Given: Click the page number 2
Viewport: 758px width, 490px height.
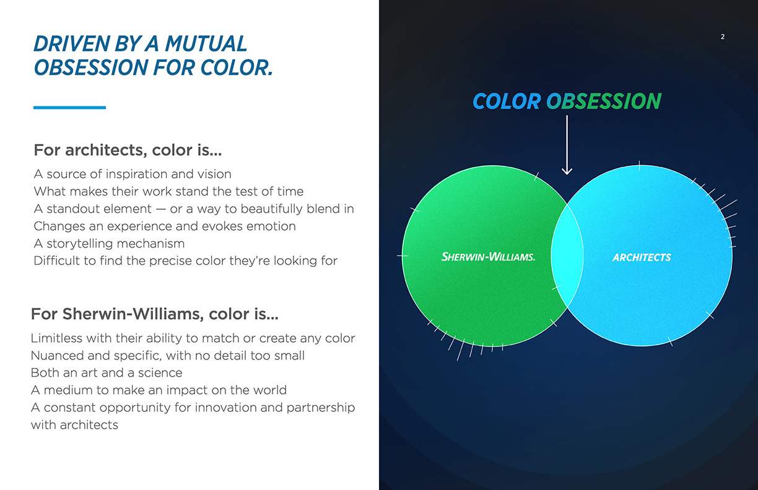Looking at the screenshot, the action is (x=723, y=37).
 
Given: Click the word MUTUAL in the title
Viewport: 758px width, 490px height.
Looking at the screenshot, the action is (x=206, y=44).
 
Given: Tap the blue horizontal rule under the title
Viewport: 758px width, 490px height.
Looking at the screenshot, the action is (x=70, y=108).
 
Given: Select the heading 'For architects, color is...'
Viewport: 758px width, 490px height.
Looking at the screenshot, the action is (x=128, y=150).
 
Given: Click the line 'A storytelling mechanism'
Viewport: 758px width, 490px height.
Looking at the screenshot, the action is (x=109, y=244).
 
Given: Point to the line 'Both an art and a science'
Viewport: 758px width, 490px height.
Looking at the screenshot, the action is (x=107, y=372).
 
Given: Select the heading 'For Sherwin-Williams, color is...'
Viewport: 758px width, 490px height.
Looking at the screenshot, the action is (x=155, y=314).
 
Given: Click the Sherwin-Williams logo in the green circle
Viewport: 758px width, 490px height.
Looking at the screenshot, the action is (x=488, y=257).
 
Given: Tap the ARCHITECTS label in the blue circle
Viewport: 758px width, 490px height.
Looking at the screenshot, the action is (x=642, y=257).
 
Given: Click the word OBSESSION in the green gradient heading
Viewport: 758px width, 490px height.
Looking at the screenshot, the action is (x=604, y=101).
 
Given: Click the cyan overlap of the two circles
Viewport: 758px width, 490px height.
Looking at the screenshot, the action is (x=567, y=256).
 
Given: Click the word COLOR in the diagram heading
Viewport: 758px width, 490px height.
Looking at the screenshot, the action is (x=507, y=101).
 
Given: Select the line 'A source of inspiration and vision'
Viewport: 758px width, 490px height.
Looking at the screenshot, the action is (x=133, y=174).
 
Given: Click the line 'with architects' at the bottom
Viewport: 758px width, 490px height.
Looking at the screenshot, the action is (x=74, y=425).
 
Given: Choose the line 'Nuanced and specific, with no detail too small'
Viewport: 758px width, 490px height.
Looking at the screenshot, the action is (x=167, y=356).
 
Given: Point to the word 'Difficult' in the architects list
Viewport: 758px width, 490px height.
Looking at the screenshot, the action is (x=56, y=260).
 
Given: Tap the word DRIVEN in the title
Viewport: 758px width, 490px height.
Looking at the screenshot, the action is (x=72, y=44).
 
